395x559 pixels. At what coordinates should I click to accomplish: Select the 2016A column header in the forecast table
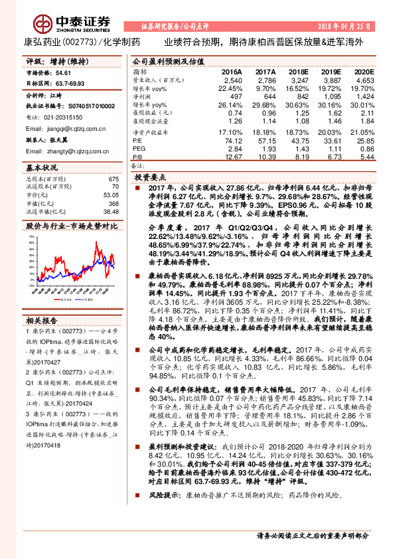[232, 71]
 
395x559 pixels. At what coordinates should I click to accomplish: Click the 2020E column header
[364, 71]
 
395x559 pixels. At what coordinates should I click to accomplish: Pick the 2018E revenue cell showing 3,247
[299, 79]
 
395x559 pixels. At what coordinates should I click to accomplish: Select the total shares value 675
[113, 179]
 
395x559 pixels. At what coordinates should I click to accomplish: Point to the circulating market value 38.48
[110, 210]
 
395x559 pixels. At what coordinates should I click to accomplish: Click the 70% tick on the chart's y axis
[32, 236]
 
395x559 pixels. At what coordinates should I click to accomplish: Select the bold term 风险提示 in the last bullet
[163, 514]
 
